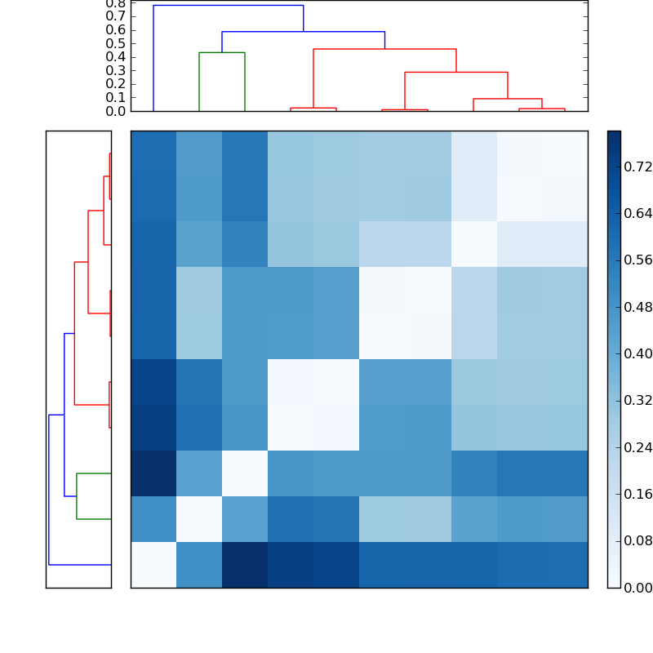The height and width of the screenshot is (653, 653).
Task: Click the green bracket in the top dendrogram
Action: [222, 53]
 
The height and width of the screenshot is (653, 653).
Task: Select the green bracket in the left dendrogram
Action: [77, 495]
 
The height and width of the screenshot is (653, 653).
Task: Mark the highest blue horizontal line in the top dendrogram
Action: [229, 6]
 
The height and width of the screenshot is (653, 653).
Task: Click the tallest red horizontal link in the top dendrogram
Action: [384, 49]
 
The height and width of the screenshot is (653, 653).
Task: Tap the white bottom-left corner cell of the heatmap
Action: [153, 564]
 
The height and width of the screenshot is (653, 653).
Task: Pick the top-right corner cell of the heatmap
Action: [565, 153]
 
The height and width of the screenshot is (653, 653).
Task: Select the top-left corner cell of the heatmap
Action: [153, 153]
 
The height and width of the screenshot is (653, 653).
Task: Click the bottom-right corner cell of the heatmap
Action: [565, 564]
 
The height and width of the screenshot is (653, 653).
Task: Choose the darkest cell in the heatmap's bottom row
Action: [245, 564]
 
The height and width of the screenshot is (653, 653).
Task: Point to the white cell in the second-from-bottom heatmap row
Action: [199, 518]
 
